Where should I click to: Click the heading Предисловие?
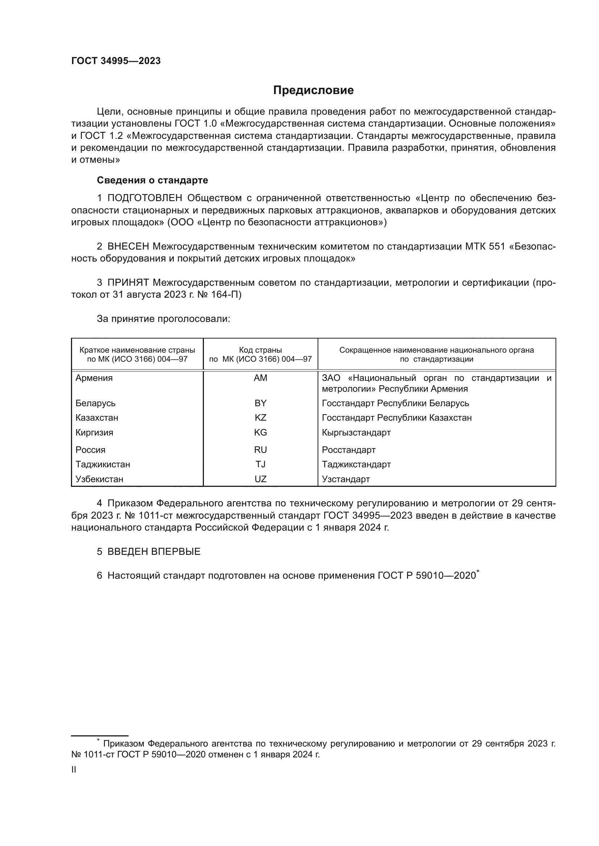pos(313,90)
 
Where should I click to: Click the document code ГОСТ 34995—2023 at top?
pos(116,61)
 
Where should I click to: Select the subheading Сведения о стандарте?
pos(152,180)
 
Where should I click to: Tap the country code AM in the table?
pos(260,378)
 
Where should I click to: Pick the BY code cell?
pos(260,403)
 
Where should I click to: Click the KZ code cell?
pos(260,418)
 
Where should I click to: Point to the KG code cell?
pos(260,433)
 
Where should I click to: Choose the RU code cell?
pos(260,450)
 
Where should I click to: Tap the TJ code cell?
pos(260,464)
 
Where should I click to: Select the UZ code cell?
pos(260,479)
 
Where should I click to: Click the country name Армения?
pos(94,378)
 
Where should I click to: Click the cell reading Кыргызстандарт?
pos(356,433)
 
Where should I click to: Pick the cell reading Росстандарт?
pos(348,450)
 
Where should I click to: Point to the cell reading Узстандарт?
pos(345,479)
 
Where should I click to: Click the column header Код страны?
pos(260,350)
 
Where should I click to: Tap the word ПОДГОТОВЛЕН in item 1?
pos(144,198)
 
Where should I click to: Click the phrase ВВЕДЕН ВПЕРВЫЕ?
pos(154,552)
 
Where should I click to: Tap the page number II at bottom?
pos(74,770)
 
